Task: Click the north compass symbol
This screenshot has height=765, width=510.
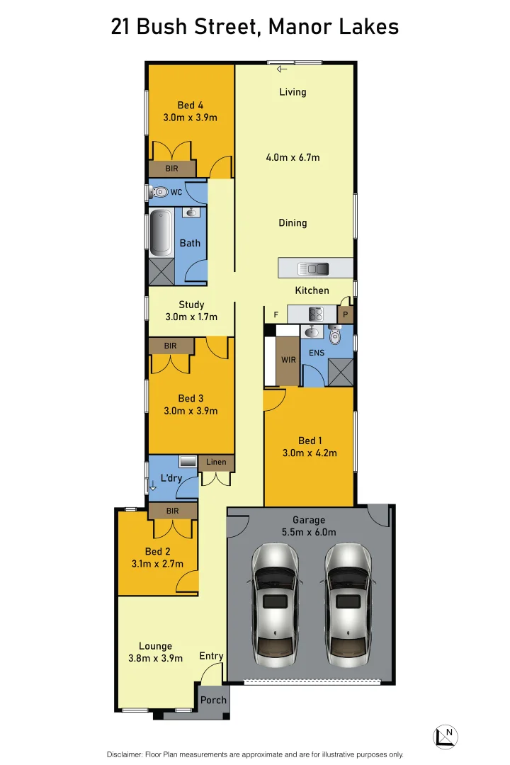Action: click(x=446, y=736)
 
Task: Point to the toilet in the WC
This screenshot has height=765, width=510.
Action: click(x=159, y=192)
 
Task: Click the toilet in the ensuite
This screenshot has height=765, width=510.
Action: click(x=336, y=334)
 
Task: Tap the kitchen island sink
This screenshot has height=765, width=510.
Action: click(x=314, y=268)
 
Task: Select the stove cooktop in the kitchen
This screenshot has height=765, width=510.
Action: click(x=316, y=313)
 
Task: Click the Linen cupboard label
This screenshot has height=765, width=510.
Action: click(x=216, y=463)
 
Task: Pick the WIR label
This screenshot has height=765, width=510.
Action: click(x=288, y=360)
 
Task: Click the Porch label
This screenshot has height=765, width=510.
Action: click(x=213, y=700)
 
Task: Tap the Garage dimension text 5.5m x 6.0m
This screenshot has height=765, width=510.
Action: click(x=309, y=532)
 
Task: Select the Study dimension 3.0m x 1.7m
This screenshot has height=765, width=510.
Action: click(x=191, y=317)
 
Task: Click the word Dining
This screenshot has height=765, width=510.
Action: click(x=293, y=223)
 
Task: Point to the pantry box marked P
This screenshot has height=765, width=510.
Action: click(x=346, y=314)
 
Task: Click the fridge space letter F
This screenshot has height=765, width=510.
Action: click(x=276, y=314)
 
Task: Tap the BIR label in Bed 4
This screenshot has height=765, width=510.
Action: click(x=172, y=169)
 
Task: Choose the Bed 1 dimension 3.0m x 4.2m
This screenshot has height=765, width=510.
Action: click(x=310, y=453)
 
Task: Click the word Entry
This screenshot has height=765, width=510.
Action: click(x=211, y=656)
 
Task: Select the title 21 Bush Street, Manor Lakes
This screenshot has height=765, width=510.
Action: click(x=255, y=27)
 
